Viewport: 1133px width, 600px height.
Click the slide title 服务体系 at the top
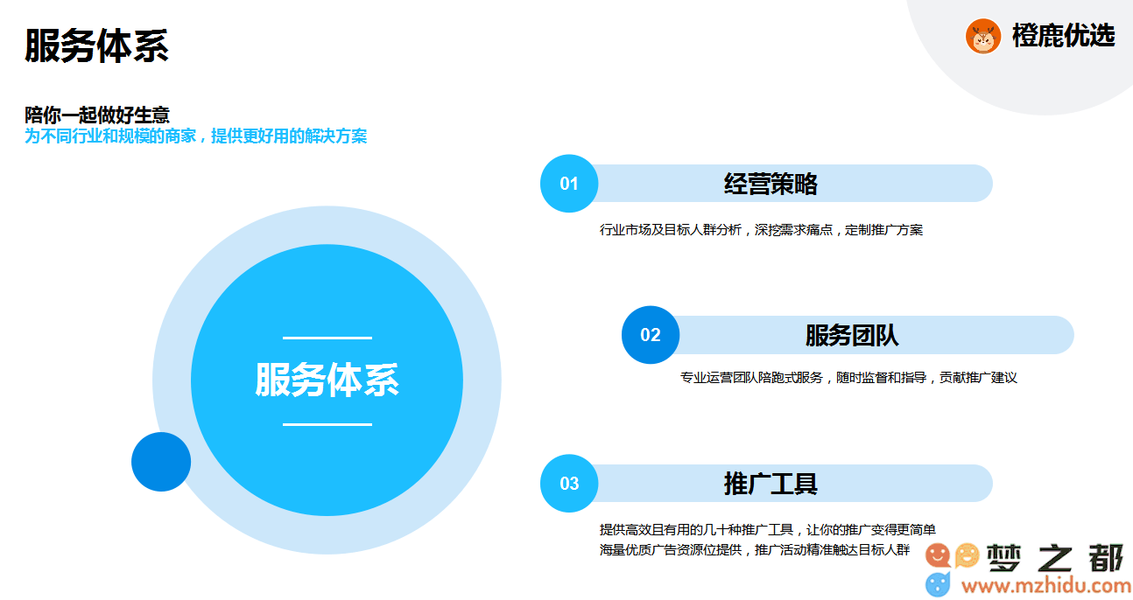pos(96,45)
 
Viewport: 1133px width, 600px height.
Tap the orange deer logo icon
pos(982,37)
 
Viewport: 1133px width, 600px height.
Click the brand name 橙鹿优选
pos(1063,36)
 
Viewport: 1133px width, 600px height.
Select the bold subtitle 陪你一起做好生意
pos(97,115)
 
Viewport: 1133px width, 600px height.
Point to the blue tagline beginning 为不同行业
pos(196,136)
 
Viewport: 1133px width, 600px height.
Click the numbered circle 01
pos(569,184)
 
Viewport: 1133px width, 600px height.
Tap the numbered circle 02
pos(651,335)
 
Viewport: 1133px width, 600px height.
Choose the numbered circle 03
pos(569,484)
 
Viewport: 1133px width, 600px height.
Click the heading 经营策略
pos(771,184)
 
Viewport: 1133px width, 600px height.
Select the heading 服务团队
pos(852,335)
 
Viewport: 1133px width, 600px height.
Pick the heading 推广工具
pos(771,484)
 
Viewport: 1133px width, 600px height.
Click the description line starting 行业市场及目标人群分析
pos(761,230)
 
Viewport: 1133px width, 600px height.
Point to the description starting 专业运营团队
pos(848,378)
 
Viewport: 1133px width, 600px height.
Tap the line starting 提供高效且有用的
pos(768,530)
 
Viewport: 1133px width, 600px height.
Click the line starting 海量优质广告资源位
pos(755,549)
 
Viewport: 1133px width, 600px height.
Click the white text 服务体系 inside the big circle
pos(327,380)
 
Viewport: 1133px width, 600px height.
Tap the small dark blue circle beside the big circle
pos(161,462)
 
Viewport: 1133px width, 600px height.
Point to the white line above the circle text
pos(327,338)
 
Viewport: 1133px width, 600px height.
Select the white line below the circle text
pos(327,425)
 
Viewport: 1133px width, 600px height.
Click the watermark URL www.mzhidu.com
pos(1046,586)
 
